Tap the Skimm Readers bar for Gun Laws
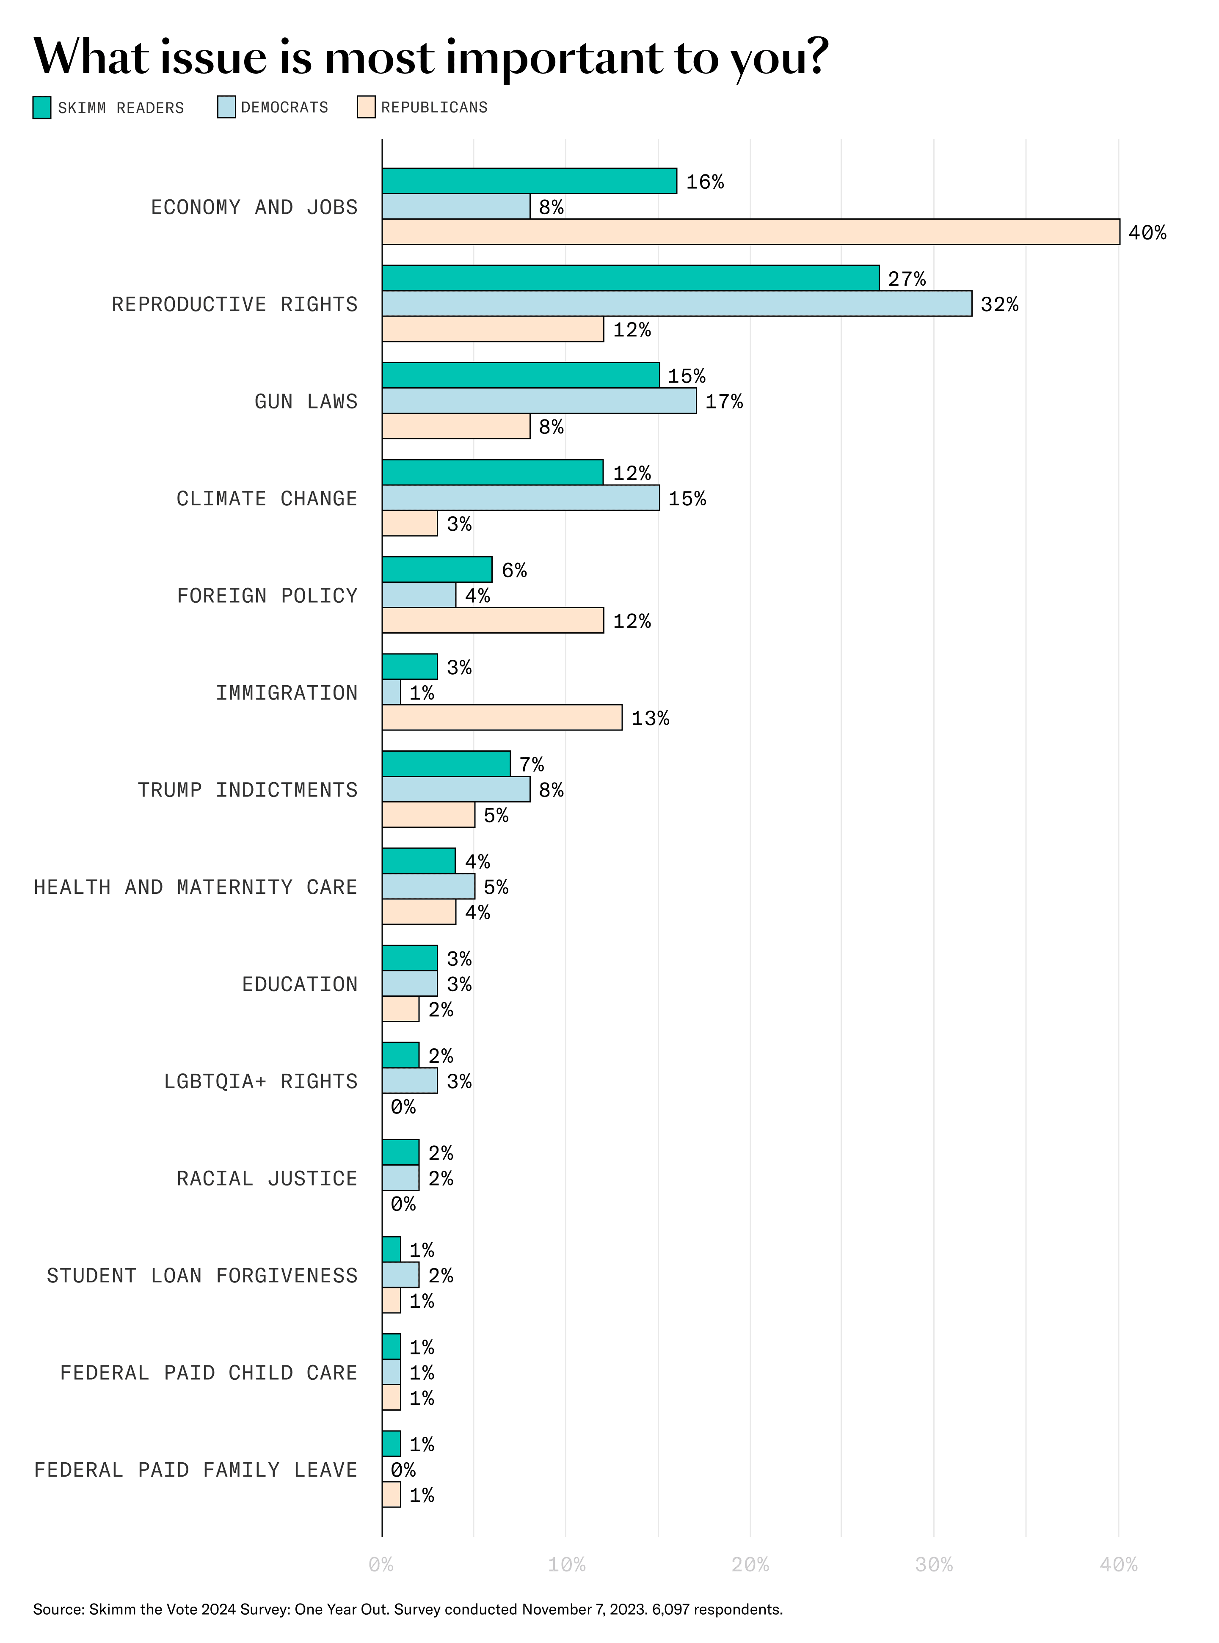pos(520,375)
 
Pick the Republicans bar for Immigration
pos(502,717)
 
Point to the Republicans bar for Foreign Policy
pos(492,620)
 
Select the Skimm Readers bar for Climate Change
pos(492,472)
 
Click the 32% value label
pos(999,304)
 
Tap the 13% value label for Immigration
pos(650,718)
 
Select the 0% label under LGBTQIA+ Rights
pos(403,1107)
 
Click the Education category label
pos(300,984)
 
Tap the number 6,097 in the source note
pos(670,1609)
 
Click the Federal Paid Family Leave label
pos(196,1469)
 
